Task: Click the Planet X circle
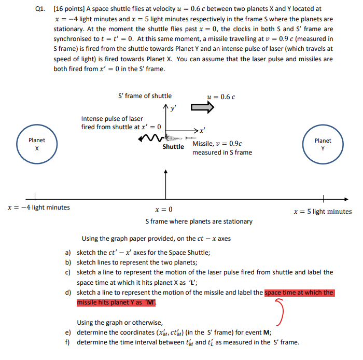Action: coord(36,144)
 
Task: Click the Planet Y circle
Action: coord(323,144)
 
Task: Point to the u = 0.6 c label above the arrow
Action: coord(221,96)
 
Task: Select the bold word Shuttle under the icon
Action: coord(173,147)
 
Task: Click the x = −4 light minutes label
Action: coord(38,207)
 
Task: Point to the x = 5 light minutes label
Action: coord(322,211)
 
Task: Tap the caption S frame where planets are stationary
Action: coord(199,221)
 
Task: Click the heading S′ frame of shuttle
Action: coord(145,96)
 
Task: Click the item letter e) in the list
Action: coord(68,333)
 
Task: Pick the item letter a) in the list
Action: coord(68,253)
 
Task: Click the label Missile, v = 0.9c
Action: coord(217,144)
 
